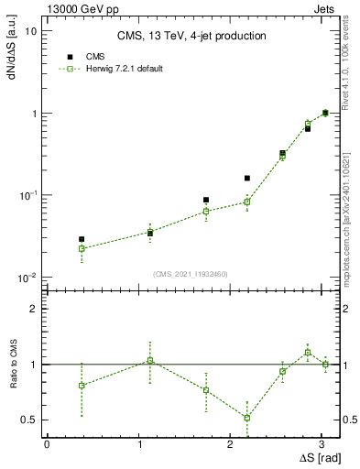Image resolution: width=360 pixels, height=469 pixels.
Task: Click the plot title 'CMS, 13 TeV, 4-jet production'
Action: coord(191,37)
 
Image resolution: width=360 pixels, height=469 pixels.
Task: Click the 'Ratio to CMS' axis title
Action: coord(12,365)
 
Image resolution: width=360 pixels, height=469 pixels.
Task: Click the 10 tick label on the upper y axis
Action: coord(30,31)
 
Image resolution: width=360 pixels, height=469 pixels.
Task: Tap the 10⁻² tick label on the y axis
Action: coord(27,278)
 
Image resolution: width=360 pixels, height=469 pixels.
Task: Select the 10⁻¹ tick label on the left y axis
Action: coord(27,196)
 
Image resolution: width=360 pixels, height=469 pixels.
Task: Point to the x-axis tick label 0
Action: coord(47,443)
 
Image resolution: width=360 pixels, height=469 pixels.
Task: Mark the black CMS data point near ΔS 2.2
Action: coord(247,178)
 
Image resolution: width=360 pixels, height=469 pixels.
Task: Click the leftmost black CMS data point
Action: coord(82,239)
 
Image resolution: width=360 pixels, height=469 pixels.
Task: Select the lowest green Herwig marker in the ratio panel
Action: coord(247,418)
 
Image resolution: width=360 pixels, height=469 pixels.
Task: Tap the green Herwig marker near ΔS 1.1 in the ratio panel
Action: coord(150,360)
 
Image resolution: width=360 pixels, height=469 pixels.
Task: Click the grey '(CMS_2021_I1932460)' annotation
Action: coord(191,274)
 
